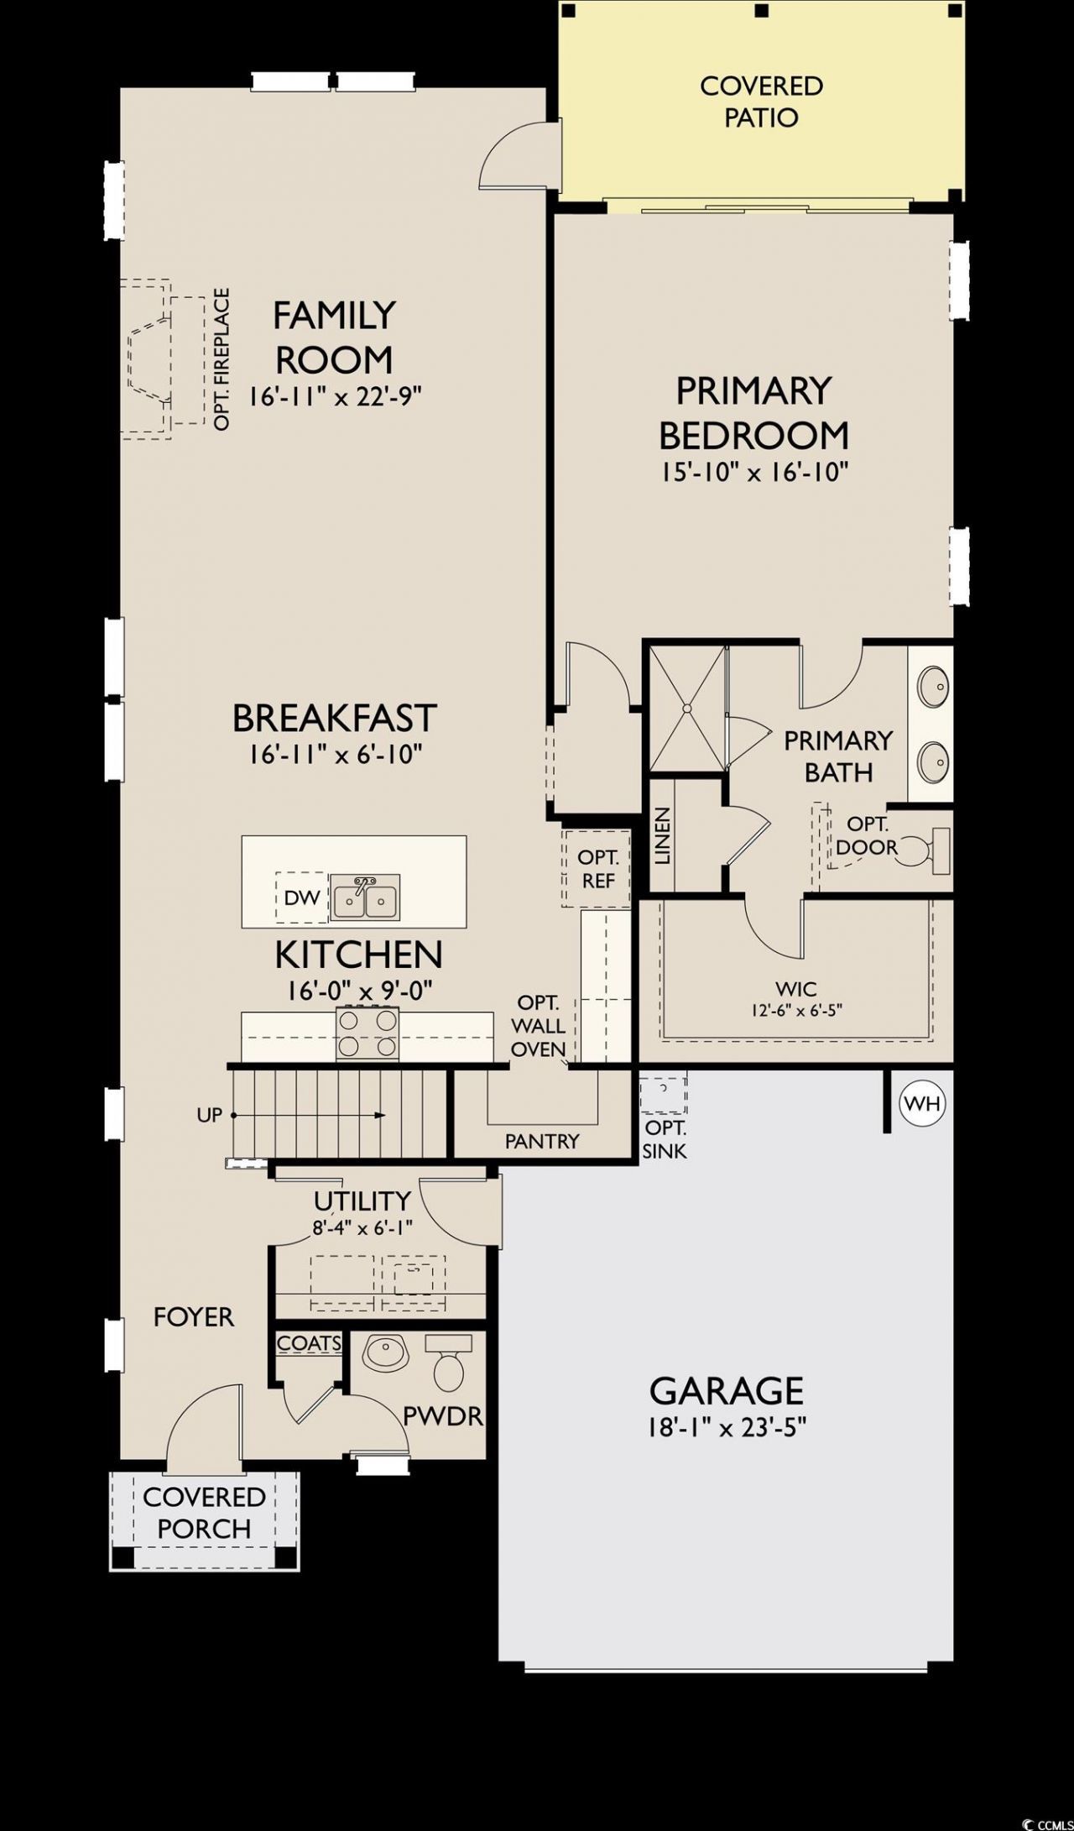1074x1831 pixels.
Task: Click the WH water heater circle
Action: click(x=923, y=1103)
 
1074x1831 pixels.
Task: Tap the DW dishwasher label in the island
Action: click(x=302, y=897)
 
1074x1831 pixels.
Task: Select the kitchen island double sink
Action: click(x=365, y=897)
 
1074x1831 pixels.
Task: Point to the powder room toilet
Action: click(x=447, y=1363)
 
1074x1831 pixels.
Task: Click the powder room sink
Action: click(x=384, y=1351)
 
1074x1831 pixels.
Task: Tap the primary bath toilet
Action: click(x=929, y=850)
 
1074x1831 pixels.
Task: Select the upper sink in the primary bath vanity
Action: click(x=932, y=688)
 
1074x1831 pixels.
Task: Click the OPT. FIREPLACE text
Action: click(x=222, y=359)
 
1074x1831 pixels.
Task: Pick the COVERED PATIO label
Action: click(x=761, y=102)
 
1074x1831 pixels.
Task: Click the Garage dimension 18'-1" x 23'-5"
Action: click(x=727, y=1428)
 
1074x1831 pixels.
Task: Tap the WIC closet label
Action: click(x=796, y=989)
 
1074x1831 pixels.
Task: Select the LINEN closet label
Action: click(x=663, y=836)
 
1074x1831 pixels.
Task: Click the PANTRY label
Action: click(x=542, y=1141)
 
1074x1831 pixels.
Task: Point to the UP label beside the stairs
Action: click(x=210, y=1115)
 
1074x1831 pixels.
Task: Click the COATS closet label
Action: click(x=309, y=1343)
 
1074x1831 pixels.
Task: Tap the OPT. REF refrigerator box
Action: click(x=597, y=869)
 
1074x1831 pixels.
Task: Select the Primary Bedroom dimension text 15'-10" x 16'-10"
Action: click(x=754, y=472)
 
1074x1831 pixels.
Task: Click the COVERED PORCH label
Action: click(x=204, y=1513)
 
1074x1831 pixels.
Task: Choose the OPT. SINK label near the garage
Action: click(x=665, y=1140)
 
